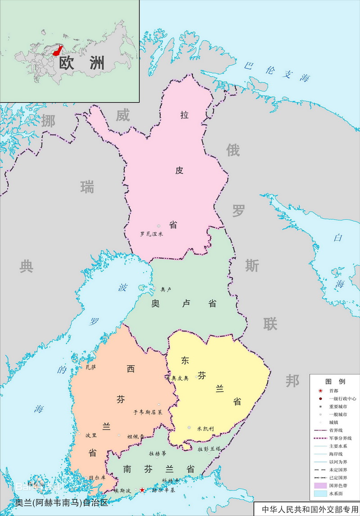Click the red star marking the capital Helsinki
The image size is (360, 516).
tap(143, 490)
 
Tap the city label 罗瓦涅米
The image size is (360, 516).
tap(151, 234)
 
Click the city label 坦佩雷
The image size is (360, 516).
tap(135, 436)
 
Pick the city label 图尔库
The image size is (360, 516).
tap(97, 477)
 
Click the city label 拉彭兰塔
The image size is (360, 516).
tap(209, 449)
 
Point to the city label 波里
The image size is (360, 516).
tap(91, 435)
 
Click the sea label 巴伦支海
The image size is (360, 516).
tap(277, 71)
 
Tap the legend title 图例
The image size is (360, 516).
tap(335, 381)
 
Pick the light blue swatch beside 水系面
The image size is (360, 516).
tap(320, 494)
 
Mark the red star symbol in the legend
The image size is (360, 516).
tap(320, 390)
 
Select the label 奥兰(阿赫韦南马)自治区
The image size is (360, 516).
tap(62, 502)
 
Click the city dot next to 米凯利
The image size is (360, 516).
tap(189, 427)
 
